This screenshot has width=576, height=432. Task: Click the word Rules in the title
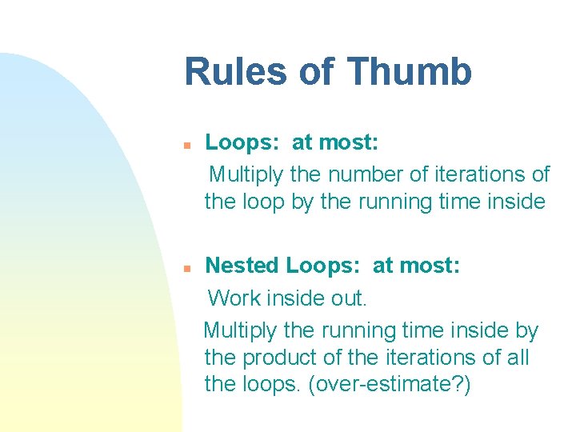234,71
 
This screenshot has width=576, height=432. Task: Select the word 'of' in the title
318,71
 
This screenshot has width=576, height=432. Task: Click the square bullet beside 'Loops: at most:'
185,146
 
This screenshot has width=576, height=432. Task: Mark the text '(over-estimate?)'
393,384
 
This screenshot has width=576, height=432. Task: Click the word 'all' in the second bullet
517,357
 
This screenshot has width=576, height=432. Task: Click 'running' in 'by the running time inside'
394,202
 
